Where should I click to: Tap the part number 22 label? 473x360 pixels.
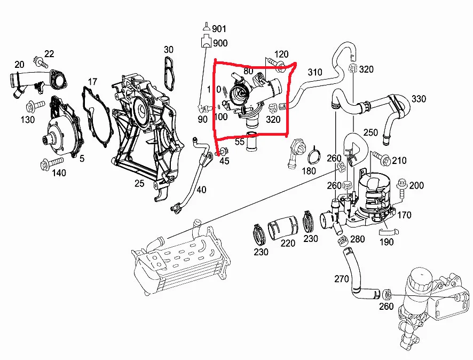pos(49,53)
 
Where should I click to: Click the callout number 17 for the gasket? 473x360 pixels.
pos(92,82)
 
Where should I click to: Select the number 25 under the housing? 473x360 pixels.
pos(139,184)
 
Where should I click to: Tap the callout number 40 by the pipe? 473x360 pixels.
pos(201,190)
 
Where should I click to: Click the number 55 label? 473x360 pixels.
pos(239,142)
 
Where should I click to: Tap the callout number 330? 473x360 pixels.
pos(419,99)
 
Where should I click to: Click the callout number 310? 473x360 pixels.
pos(315,72)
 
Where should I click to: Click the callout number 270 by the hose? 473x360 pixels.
pos(342,278)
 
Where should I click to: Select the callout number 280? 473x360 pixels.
pos(357,238)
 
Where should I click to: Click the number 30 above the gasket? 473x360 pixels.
pos(169,50)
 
